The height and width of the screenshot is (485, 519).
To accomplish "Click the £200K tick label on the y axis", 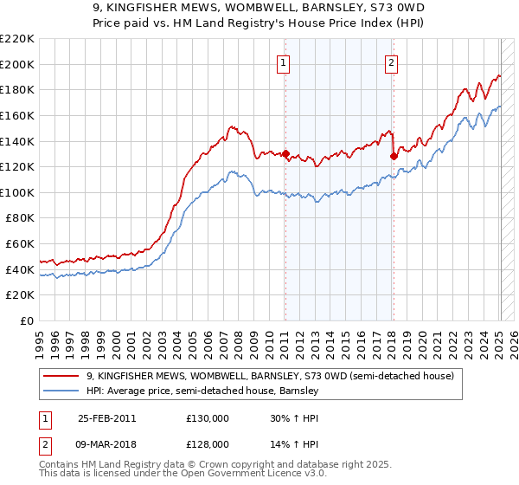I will pyautogui.click(x=17, y=64).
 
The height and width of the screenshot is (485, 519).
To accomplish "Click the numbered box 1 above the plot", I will pyautogui.click(x=285, y=61).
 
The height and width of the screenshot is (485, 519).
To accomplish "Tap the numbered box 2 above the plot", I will pyautogui.click(x=392, y=61).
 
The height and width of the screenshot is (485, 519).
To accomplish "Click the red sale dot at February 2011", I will pyautogui.click(x=285, y=154).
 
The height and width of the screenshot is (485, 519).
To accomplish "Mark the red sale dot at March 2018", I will pyautogui.click(x=394, y=157).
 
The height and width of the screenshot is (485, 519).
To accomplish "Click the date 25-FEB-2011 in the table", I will pyautogui.click(x=106, y=418).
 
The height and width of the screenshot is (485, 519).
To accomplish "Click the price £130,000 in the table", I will pyautogui.click(x=208, y=418).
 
